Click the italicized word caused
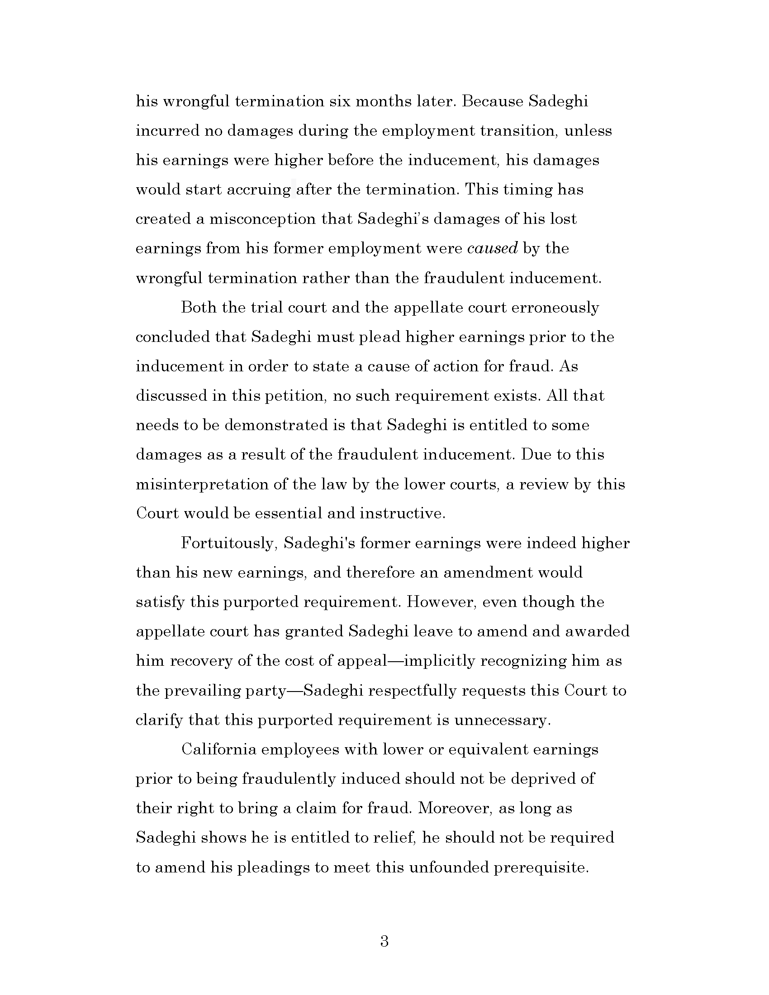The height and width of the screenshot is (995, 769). coord(493,248)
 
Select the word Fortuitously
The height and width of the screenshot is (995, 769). coord(229,543)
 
